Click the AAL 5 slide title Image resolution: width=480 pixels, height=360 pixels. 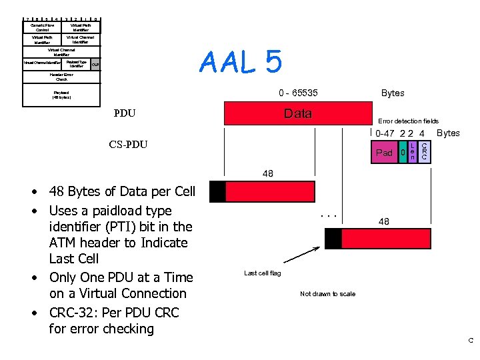(x=241, y=63)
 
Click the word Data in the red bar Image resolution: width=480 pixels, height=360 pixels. (x=297, y=113)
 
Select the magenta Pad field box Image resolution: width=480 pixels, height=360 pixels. (x=384, y=153)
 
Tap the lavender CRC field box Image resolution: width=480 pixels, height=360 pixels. (x=425, y=152)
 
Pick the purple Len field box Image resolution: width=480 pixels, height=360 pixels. (x=413, y=152)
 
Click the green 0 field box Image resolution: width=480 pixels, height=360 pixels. (x=403, y=153)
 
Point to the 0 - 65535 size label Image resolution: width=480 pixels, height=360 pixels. (x=298, y=93)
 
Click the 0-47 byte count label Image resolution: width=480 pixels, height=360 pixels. (x=385, y=133)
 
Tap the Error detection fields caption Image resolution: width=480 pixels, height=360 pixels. (x=408, y=121)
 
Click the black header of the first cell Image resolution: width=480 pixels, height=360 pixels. (x=217, y=192)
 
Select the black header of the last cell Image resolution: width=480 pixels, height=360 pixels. (x=333, y=239)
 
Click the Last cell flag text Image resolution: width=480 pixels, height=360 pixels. (x=262, y=273)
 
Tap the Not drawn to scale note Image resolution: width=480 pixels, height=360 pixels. (x=327, y=293)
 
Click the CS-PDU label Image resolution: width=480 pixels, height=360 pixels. (x=128, y=145)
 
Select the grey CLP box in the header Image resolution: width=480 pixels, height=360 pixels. (x=95, y=65)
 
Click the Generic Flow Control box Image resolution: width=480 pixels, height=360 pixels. (x=41, y=27)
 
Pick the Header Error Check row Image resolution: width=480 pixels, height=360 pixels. (x=62, y=77)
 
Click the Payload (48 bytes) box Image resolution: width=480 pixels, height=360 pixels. (x=61, y=95)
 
